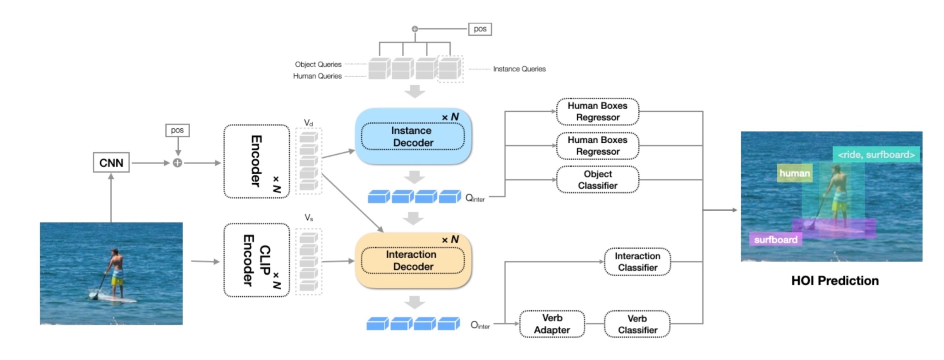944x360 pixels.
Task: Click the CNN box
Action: tap(111, 163)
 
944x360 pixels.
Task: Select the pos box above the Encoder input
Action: tap(177, 130)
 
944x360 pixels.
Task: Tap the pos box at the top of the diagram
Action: tap(480, 29)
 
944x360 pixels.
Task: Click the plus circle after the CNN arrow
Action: tap(177, 163)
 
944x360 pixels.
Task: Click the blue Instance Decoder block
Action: tap(413, 137)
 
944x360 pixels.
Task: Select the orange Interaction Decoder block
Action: tap(413, 260)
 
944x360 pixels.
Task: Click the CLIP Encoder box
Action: tap(256, 260)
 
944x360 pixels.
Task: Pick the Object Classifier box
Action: tap(597, 180)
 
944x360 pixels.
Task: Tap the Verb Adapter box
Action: tap(552, 324)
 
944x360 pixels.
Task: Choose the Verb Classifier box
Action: tap(637, 324)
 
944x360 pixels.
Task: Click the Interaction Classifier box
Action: tap(637, 262)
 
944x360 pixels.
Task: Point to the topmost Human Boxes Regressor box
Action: tap(597, 111)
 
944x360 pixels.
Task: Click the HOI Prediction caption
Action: tap(835, 281)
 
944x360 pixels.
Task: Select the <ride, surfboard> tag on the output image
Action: tap(876, 154)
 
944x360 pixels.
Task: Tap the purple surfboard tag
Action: tap(775, 240)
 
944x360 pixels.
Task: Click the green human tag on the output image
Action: tap(794, 173)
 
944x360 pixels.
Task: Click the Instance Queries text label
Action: tap(519, 69)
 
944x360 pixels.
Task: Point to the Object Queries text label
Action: tap(318, 65)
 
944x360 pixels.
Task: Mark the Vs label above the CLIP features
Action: tap(309, 218)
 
